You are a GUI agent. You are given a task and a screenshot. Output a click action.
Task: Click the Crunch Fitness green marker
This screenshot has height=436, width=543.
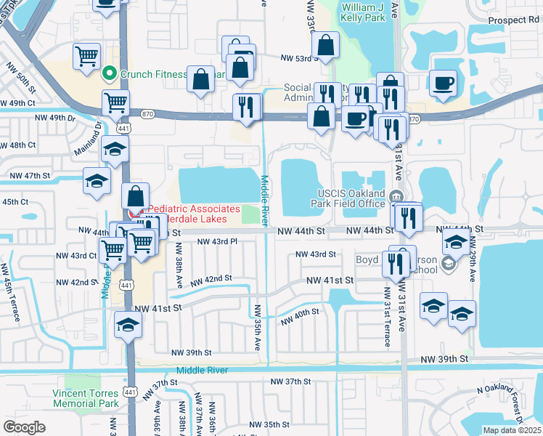click(110, 73)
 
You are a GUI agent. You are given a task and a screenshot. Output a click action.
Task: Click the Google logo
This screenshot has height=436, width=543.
click(24, 427)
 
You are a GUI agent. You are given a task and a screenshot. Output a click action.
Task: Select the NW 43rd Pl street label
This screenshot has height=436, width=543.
click(217, 241)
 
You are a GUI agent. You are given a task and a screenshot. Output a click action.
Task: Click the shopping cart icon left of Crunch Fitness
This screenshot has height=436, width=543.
click(86, 56)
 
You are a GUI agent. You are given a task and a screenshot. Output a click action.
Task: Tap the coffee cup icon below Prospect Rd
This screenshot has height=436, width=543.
click(442, 83)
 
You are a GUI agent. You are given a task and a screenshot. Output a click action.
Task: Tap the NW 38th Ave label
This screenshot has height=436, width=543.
click(178, 266)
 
